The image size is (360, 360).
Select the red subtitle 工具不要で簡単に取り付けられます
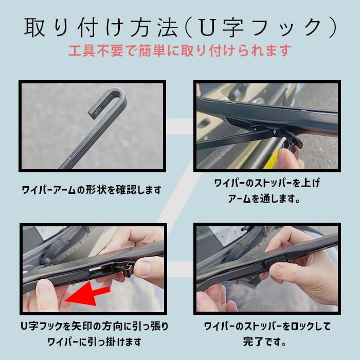[179, 50]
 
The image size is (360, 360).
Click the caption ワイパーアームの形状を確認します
[91, 190]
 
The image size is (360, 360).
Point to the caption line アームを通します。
[267, 199]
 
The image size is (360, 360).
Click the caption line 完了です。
[267, 341]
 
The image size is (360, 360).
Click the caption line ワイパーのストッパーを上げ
[267, 183]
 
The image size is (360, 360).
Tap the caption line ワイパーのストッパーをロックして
[267, 326]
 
